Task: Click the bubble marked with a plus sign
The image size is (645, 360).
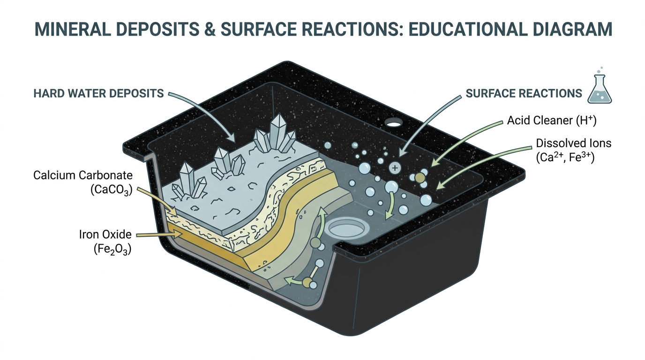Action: [395, 168]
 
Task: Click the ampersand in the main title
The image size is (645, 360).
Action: [210, 29]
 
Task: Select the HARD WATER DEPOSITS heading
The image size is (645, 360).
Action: [98, 93]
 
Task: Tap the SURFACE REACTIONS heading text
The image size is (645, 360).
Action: [524, 93]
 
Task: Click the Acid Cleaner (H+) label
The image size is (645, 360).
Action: [552, 120]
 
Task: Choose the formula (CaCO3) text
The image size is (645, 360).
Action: [111, 190]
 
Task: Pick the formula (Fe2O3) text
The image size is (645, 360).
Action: [112, 249]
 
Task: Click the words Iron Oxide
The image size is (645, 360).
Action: [105, 234]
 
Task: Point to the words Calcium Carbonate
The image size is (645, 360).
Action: [83, 175]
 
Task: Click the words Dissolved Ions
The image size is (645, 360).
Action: [574, 143]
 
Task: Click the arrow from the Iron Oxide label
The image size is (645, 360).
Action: [159, 235]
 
